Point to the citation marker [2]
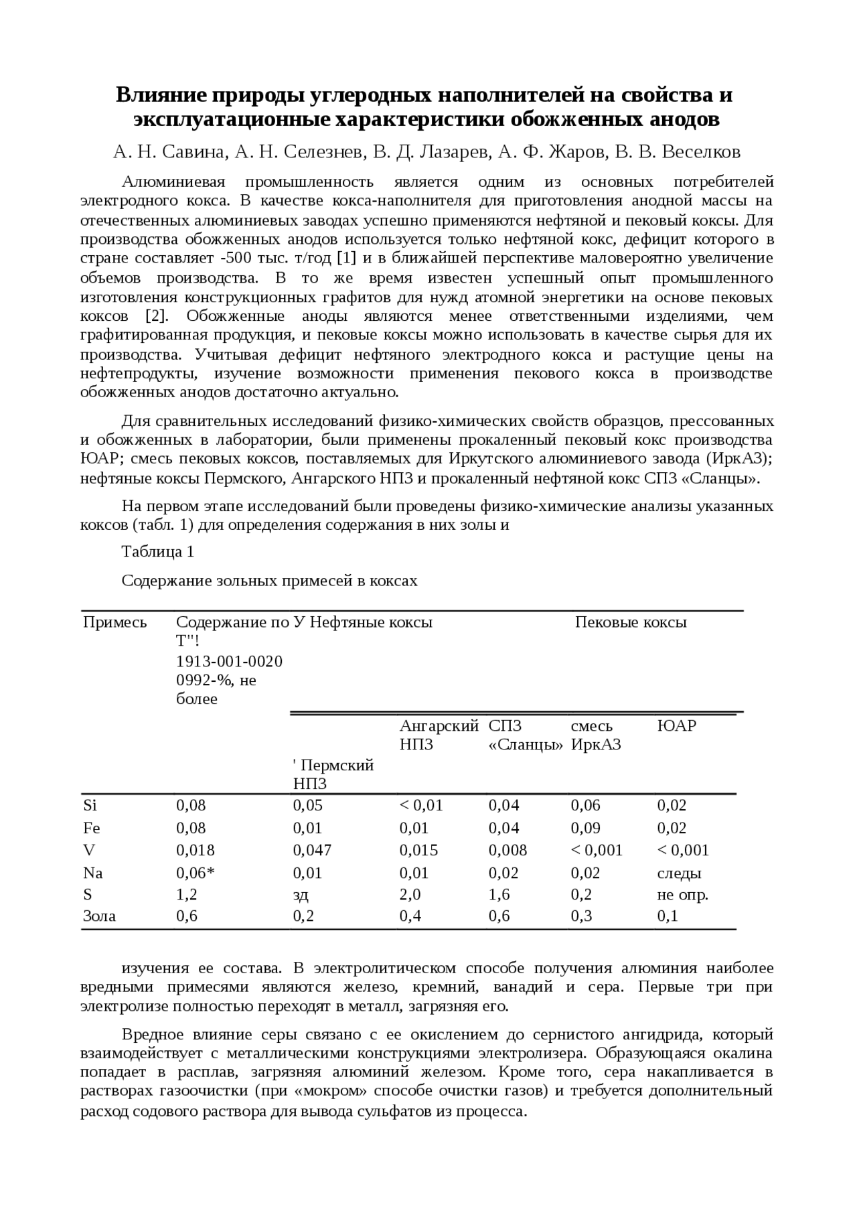tap(158, 316)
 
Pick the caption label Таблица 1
tap(158, 552)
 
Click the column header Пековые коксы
tap(631, 622)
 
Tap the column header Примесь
tap(114, 622)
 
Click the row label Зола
tap(99, 916)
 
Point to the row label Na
tap(93, 873)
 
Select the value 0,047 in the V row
tap(312, 851)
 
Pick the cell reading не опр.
tap(682, 895)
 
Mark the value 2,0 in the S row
tap(410, 895)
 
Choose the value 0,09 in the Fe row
tap(585, 829)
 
